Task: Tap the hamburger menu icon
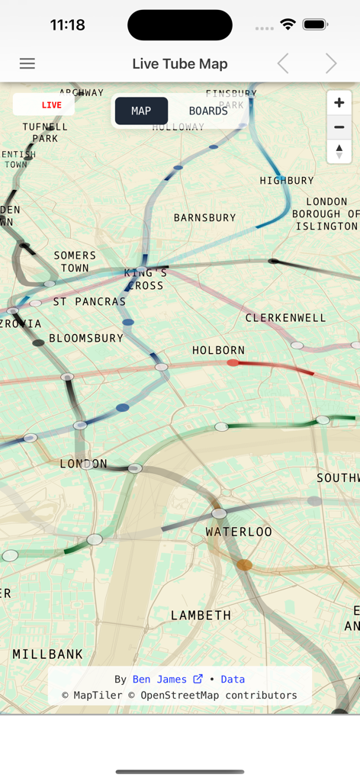27,64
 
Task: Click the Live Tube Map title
180,64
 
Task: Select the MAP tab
141,111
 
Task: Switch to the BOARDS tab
208,111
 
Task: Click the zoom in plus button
339,103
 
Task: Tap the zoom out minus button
339,127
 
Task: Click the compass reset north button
339,151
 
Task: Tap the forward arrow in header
330,64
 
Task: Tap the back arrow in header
283,64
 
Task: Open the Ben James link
167,679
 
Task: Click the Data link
233,679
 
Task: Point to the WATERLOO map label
239,532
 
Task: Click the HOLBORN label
218,350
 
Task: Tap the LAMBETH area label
201,615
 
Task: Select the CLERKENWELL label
285,317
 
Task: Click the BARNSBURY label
204,217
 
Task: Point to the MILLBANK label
48,654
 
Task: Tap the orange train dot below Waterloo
244,565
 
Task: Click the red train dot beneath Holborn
233,363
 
